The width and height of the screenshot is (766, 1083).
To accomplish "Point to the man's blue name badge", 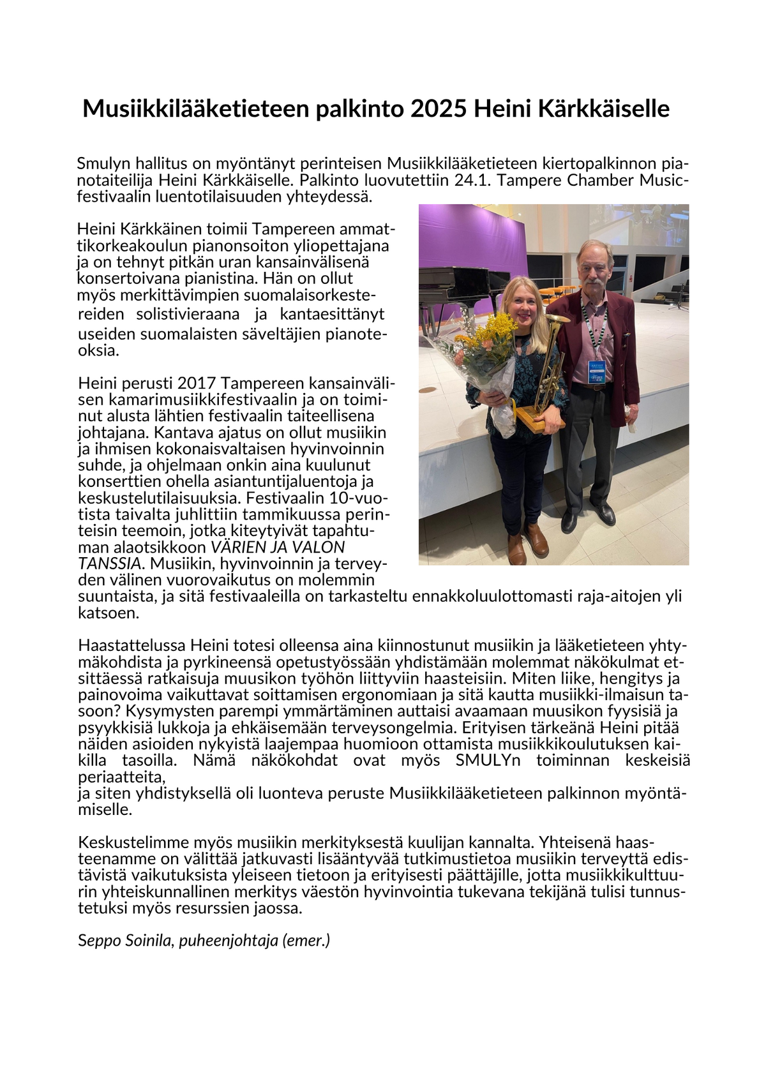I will point(596,370).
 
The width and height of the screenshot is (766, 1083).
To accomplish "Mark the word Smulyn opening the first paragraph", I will point(103,164).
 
